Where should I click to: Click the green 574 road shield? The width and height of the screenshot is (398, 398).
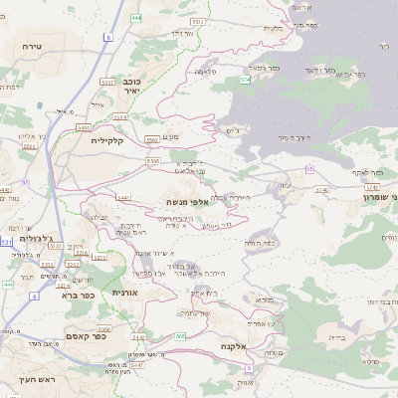click(x=244, y=78)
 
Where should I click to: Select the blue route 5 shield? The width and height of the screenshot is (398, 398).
click(x=106, y=38)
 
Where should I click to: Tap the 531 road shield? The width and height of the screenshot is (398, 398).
click(x=7, y=242)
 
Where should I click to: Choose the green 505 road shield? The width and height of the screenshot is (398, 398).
click(x=180, y=336)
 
